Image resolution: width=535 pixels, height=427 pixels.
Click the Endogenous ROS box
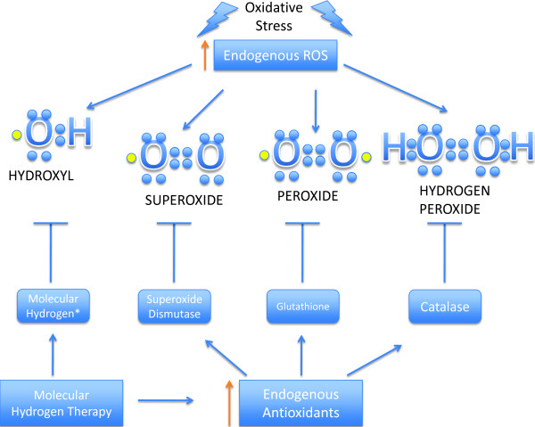coord(276,55)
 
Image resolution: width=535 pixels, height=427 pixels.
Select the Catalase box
coord(445,307)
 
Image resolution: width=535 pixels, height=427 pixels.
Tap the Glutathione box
coord(302,307)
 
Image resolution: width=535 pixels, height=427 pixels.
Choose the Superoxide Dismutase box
coord(175,307)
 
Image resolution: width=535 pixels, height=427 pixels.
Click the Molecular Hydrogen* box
coord(53,306)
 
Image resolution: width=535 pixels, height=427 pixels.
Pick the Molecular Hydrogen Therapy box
coord(62,403)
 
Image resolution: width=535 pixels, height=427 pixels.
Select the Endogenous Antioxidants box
coord(300,403)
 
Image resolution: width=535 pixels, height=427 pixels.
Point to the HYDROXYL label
coord(41,176)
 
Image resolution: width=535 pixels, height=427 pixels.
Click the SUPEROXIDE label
coord(184,201)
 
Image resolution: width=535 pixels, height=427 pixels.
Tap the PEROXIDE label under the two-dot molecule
coord(308,196)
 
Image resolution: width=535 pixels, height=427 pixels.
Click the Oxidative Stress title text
coord(274,17)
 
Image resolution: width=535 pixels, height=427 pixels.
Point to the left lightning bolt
coord(217,19)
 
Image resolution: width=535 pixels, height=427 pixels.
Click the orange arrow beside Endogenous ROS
coord(205,55)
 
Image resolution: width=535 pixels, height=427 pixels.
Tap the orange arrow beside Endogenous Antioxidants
coord(229,403)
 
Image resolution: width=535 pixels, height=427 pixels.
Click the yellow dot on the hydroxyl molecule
coord(16,135)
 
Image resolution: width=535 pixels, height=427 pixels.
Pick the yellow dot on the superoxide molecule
coord(131,158)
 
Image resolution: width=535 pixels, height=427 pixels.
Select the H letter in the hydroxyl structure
coord(80,132)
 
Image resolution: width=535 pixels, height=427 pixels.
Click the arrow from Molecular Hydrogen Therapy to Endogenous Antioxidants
coord(166,400)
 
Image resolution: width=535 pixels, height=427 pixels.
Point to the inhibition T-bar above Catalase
coord(444,252)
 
